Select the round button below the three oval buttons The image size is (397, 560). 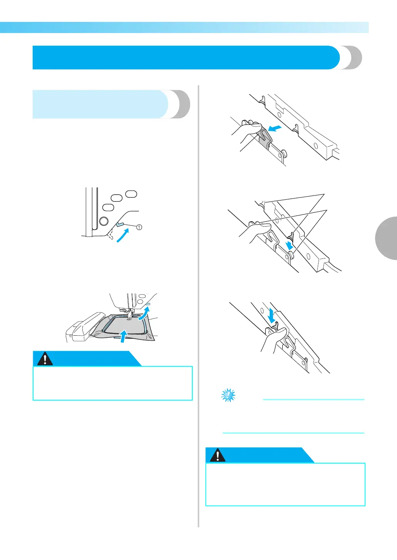[x=103, y=221]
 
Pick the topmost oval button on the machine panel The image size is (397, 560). [x=131, y=194]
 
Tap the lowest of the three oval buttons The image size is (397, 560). [x=108, y=207]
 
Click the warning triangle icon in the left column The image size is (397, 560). [x=45, y=359]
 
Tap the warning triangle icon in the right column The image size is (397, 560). [x=218, y=456]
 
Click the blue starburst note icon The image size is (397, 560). [x=229, y=395]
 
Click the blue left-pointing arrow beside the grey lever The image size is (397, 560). [x=276, y=128]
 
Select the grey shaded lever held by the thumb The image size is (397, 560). [x=263, y=138]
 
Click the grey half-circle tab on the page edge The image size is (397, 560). [x=386, y=238]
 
